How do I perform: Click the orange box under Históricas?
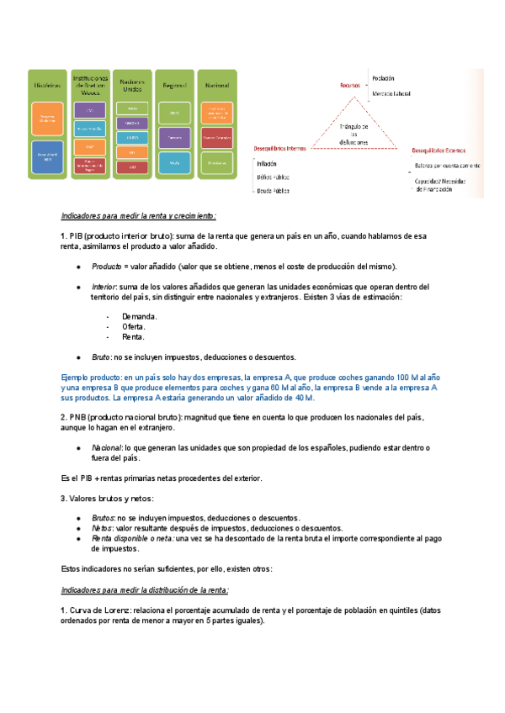tap(48, 119)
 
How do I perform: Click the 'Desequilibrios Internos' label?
tap(280, 148)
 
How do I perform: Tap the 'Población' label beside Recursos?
tap(383, 77)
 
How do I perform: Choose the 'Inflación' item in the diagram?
tap(268, 164)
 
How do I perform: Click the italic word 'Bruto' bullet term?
tap(102, 357)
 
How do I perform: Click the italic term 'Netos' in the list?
tap(103, 528)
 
